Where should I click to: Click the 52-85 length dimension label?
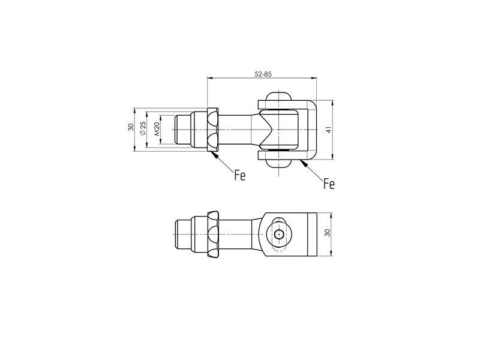pos(263,74)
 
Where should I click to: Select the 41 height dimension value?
pos(329,130)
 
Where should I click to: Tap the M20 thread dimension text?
pos(157,129)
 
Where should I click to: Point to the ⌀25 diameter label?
pos(142,128)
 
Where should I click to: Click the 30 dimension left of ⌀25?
pos(131,127)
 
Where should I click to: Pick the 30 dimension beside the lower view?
pos(328,233)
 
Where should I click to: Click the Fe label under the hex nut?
pos(240,175)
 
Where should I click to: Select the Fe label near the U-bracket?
pos(329,184)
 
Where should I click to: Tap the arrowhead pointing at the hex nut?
pos(215,155)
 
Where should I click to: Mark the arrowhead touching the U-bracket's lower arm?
pos(304,164)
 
